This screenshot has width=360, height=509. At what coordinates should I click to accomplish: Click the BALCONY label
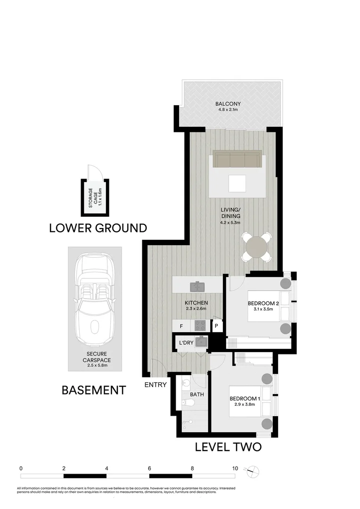[x=228, y=104]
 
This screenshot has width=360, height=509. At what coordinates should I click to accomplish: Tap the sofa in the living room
[x=237, y=159]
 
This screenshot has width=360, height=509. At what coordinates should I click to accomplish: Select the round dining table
[x=257, y=246]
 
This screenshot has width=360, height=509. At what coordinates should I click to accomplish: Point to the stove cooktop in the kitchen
[x=199, y=325]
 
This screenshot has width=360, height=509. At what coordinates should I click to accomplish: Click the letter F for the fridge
[x=181, y=326]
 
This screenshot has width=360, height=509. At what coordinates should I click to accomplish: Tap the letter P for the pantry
[x=216, y=326]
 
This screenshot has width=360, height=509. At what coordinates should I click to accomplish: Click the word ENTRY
[x=155, y=385]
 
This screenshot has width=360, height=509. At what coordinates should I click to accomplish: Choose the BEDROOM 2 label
[x=264, y=304]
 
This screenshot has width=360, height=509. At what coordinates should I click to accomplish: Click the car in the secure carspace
[x=94, y=299]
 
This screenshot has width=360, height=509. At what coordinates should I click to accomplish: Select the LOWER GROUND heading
[x=98, y=228]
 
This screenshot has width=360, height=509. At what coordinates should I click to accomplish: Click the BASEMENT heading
[x=94, y=390]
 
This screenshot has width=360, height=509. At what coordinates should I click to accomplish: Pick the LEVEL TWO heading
[x=228, y=447]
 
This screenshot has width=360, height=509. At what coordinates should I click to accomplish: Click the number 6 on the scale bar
[x=149, y=468]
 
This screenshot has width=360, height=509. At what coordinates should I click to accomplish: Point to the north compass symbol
[x=254, y=470]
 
